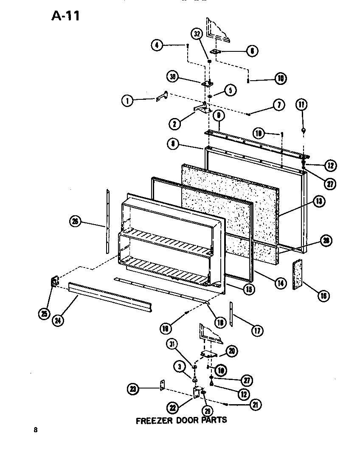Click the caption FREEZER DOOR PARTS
(x=181, y=420)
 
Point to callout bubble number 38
(x=172, y=77)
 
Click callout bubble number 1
(x=127, y=101)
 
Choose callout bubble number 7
(x=278, y=105)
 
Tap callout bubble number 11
(x=301, y=104)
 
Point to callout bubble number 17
(x=257, y=330)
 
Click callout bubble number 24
(x=58, y=321)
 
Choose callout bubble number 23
(x=133, y=388)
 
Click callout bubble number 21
(x=255, y=405)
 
